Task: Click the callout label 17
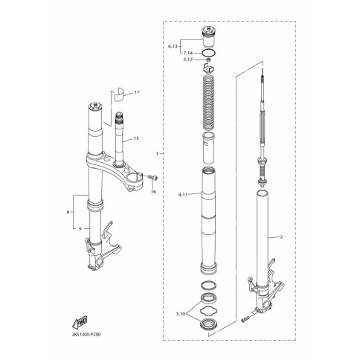137,92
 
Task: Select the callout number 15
136,138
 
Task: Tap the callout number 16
154,192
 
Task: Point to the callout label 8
68,212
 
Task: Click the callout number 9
80,229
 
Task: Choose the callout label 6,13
173,46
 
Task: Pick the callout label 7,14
188,53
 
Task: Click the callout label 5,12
188,60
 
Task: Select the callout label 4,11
183,195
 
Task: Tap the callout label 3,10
181,314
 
